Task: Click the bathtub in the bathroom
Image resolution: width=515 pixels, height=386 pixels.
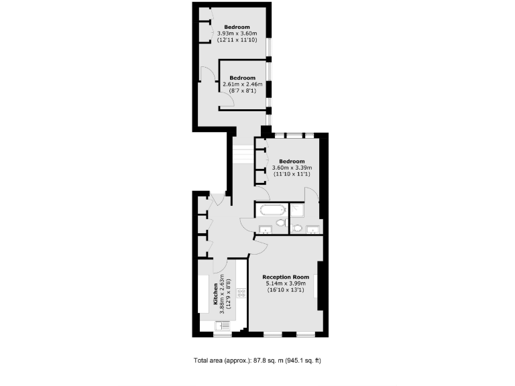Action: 271,210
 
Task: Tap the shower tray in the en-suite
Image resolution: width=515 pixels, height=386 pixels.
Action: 298,210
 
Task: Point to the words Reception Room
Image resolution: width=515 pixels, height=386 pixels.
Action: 286,277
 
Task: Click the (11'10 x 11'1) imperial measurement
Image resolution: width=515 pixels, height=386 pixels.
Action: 292,174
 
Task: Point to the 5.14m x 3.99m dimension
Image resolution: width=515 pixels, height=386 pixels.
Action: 286,283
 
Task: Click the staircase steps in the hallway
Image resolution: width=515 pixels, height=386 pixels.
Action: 243,155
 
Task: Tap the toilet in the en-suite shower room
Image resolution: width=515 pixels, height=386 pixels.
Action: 298,228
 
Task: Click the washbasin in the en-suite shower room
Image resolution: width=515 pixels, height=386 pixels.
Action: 312,231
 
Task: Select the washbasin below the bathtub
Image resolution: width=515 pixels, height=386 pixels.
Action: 265,231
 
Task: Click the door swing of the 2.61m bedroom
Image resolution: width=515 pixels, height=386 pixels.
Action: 227,100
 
